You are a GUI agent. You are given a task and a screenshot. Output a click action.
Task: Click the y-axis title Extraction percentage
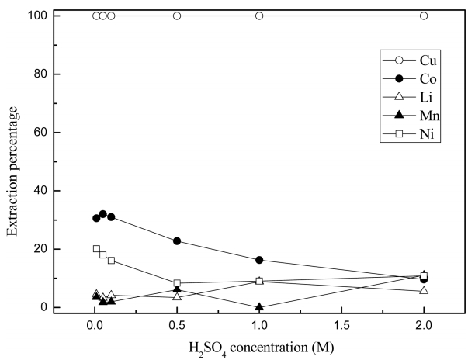[13, 161]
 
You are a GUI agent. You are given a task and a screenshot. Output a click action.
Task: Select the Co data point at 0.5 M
[177, 241]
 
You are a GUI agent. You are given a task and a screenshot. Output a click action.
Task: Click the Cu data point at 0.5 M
[177, 16]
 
